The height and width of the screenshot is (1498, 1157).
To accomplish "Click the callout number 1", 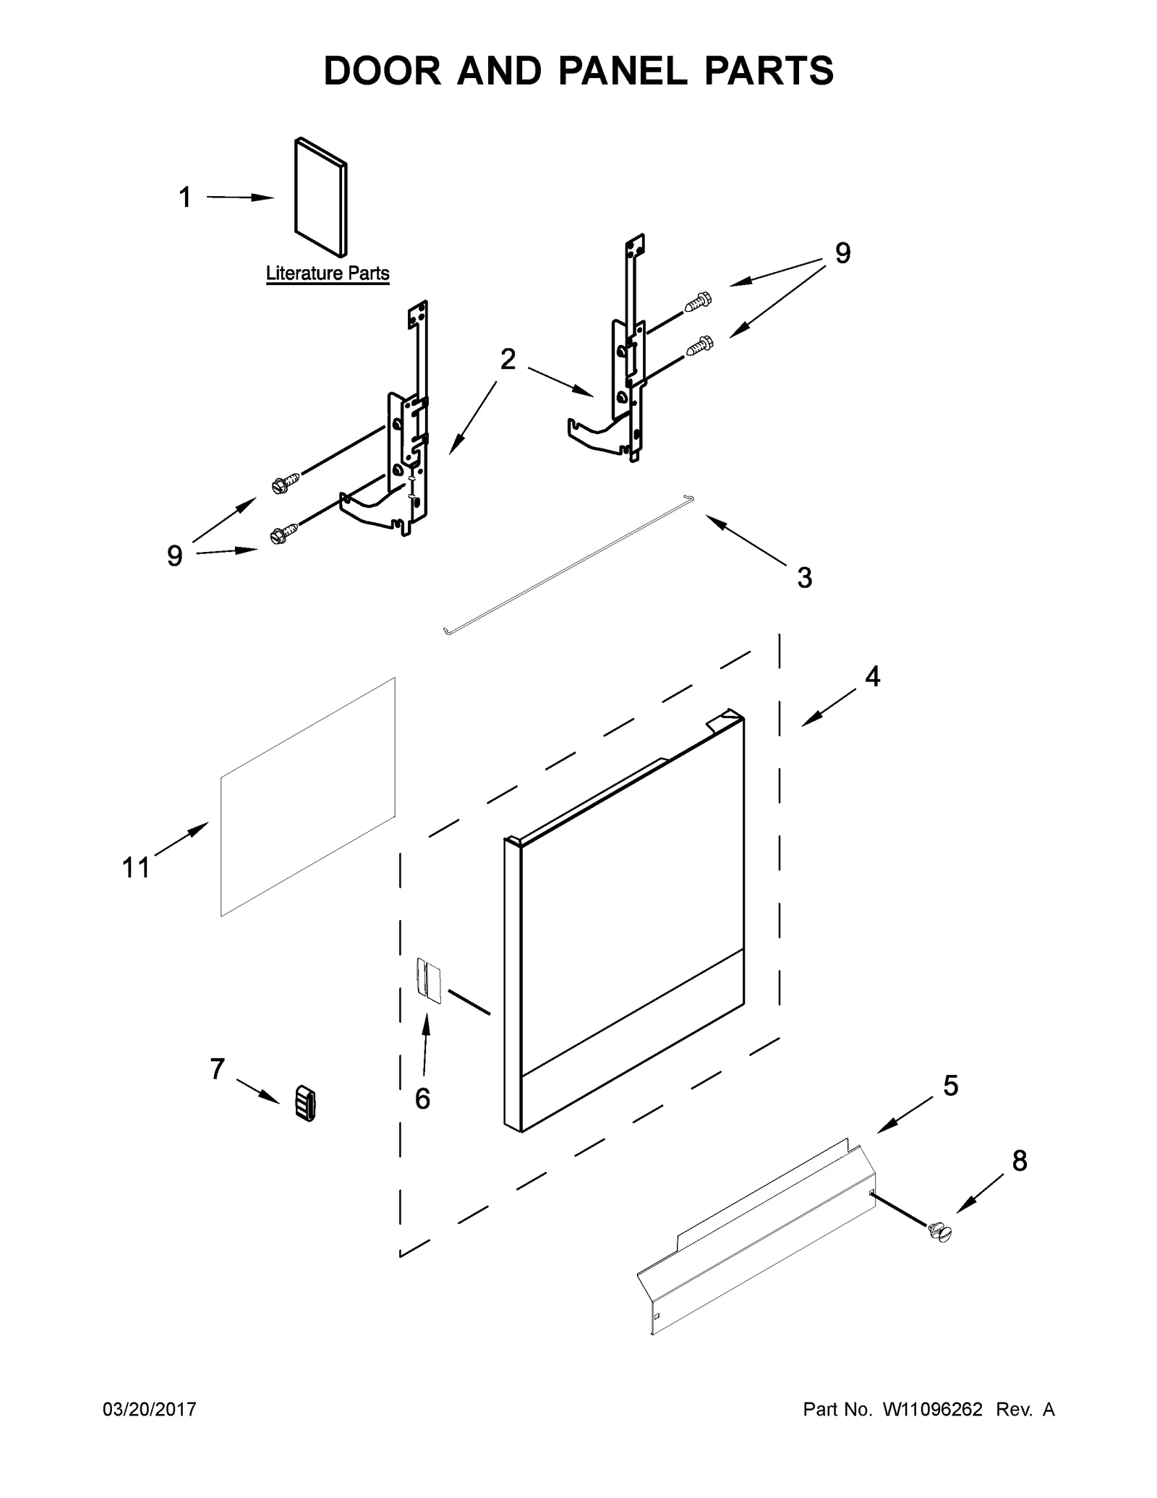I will (185, 197).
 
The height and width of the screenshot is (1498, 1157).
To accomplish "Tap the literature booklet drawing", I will (320, 197).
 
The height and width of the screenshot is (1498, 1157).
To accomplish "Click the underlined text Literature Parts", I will (328, 274).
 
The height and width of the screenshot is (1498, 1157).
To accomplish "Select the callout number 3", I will (805, 578).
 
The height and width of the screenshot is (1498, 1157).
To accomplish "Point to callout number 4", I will (873, 677).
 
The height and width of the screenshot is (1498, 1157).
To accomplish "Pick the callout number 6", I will (423, 1099).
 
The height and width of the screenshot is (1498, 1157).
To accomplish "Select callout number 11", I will (136, 867).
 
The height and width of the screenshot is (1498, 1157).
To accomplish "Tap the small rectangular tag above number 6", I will (429, 981).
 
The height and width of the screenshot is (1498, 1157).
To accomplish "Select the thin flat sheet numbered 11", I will (308, 796).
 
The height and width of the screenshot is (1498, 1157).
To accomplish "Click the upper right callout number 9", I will (843, 253).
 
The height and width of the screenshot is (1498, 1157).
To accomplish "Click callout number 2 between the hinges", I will (508, 359).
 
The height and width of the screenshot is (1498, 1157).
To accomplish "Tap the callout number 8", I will (1019, 1161).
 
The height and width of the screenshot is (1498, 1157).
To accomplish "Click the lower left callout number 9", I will (174, 556).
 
